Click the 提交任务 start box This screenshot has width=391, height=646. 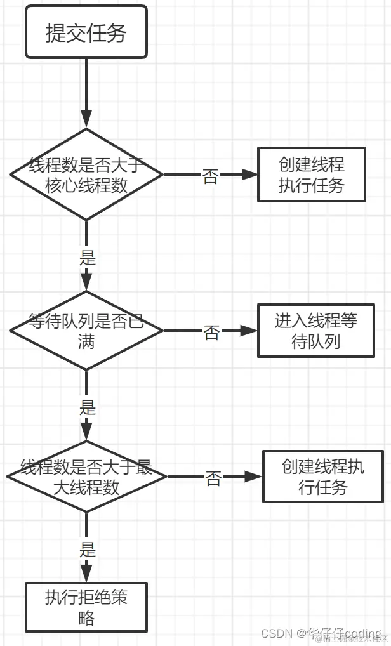(x=86, y=32)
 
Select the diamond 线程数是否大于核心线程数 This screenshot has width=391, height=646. (x=86, y=175)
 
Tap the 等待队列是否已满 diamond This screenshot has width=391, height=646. (x=86, y=331)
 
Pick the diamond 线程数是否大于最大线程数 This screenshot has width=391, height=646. (x=86, y=477)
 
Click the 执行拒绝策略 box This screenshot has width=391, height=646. (x=86, y=607)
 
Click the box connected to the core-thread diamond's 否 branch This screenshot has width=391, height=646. (x=311, y=175)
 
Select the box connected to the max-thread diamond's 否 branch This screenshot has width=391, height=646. (x=322, y=477)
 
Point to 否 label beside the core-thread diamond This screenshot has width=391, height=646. (x=210, y=176)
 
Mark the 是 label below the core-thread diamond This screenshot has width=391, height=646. (x=87, y=258)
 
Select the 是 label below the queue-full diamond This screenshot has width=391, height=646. (x=87, y=407)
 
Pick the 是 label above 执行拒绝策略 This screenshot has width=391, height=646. (x=87, y=549)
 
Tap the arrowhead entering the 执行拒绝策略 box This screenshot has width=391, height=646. (x=86, y=574)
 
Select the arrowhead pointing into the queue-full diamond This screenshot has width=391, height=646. (x=86, y=282)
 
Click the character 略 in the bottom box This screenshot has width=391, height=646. (x=86, y=617)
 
